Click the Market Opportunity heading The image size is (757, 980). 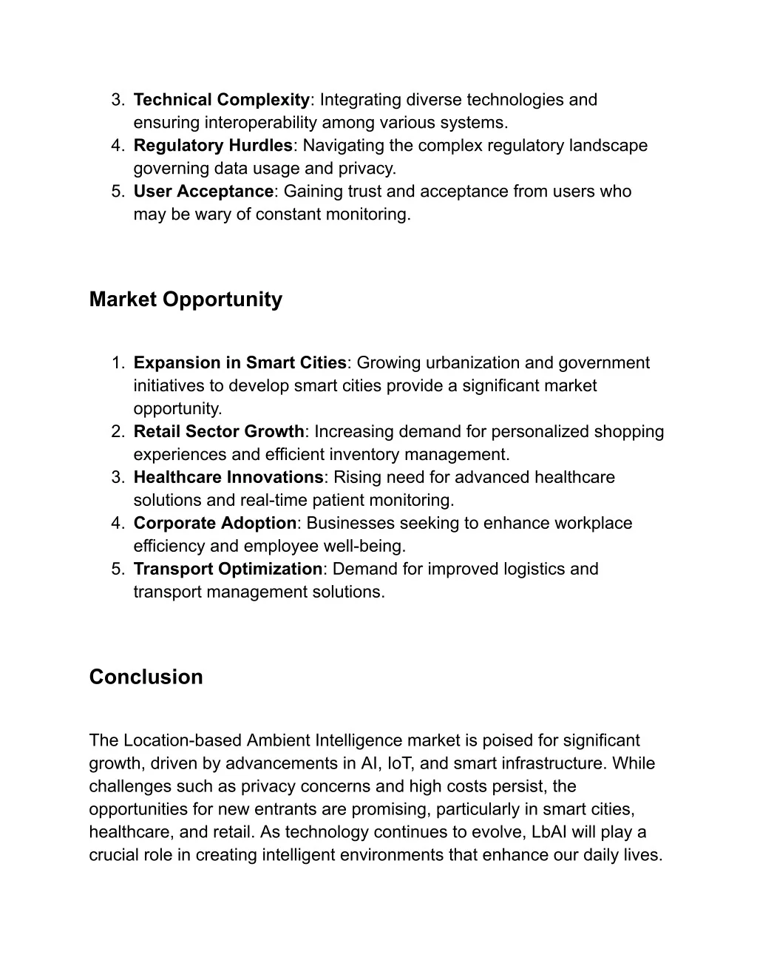[186, 300]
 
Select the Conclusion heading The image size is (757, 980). [146, 677]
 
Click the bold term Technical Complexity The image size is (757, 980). [222, 100]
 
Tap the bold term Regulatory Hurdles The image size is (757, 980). [213, 146]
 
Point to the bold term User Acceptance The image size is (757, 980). [203, 192]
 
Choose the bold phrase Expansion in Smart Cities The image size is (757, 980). [240, 363]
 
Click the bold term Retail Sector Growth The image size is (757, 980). [219, 431]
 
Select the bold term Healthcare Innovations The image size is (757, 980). [228, 477]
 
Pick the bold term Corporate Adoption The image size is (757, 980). [214, 523]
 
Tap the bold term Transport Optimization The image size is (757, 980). [228, 569]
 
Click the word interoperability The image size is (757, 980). [260, 123]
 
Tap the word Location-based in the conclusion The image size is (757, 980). [183, 740]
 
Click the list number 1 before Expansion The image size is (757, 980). [117, 363]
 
